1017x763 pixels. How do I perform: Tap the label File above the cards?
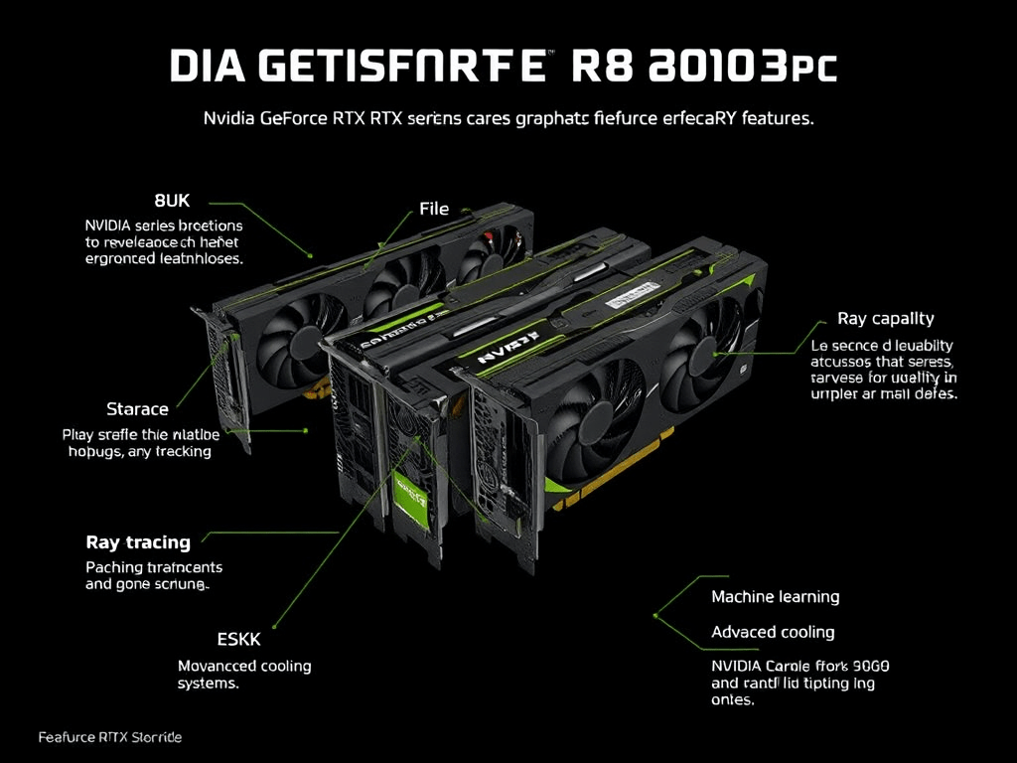coord(434,209)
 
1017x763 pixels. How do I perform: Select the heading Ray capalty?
coord(886,319)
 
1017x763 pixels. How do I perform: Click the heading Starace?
coord(137,408)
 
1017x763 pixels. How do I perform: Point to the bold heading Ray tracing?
coord(138,542)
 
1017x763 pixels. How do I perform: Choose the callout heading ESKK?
coord(238,639)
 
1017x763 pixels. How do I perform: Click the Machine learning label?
coord(776,597)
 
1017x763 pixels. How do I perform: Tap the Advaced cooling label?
coord(773,632)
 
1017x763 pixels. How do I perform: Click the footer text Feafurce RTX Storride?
coord(110,738)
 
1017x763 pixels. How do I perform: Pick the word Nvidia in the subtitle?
coord(227,117)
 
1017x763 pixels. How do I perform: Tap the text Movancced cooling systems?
coord(244,675)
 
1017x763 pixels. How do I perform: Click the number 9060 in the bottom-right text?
coord(869,665)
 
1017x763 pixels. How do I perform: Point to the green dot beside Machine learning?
coord(656,615)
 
